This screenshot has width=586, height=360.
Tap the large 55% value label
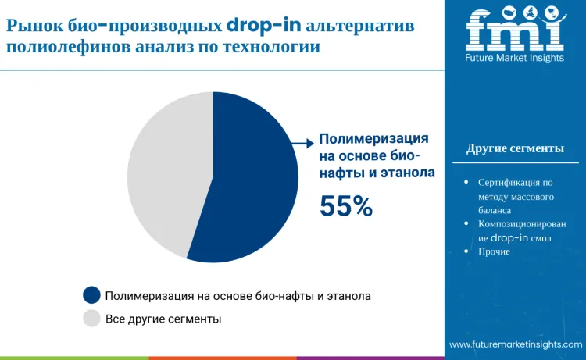coord(346,205)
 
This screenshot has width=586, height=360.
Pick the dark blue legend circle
coord(92,295)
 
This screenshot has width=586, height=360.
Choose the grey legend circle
coord(92,319)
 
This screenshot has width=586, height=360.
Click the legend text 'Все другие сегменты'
coord(163,319)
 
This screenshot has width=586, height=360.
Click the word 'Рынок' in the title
coord(29,25)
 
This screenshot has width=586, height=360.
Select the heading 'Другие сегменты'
coord(515,148)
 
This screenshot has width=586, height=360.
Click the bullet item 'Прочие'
coord(494,251)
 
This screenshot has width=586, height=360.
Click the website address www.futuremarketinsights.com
coord(515,344)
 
